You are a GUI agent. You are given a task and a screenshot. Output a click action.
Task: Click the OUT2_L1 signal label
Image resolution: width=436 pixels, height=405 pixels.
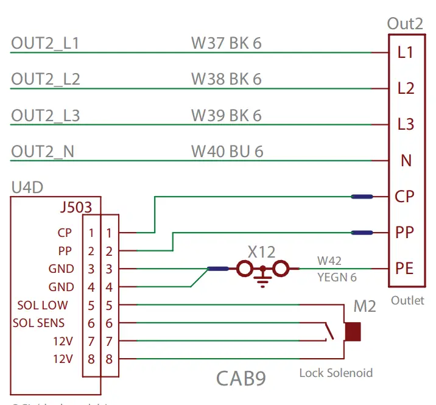(x=45, y=44)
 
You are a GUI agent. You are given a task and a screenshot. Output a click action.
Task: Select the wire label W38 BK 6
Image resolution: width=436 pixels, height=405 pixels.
(x=226, y=80)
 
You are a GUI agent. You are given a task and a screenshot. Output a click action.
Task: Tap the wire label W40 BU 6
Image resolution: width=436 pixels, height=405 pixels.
(x=227, y=152)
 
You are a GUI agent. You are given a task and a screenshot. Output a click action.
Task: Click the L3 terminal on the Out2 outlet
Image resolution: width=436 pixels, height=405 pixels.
(x=406, y=124)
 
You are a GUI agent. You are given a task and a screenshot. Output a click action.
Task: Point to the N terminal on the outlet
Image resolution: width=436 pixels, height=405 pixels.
(x=406, y=161)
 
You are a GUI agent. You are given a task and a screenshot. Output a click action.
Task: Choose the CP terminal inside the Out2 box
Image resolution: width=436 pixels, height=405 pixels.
(x=405, y=197)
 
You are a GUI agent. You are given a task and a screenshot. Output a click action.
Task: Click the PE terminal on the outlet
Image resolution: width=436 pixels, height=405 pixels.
(x=405, y=268)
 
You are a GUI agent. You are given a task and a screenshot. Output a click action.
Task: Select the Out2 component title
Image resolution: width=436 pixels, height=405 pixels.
(x=405, y=24)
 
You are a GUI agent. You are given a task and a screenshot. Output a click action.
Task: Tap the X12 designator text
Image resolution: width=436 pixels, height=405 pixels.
(x=261, y=252)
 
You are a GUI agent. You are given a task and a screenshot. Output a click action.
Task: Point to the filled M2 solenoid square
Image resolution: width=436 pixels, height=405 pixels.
(x=353, y=332)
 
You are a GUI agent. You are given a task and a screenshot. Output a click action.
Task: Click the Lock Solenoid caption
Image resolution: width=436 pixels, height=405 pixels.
(x=336, y=372)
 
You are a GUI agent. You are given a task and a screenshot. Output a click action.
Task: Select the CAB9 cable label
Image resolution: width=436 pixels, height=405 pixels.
(x=241, y=379)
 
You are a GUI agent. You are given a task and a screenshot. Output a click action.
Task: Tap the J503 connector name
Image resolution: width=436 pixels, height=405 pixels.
(x=76, y=208)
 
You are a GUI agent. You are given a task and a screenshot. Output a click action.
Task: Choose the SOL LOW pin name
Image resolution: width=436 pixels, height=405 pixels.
(x=42, y=305)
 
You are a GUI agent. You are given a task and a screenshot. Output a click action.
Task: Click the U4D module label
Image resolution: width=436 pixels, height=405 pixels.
(x=27, y=188)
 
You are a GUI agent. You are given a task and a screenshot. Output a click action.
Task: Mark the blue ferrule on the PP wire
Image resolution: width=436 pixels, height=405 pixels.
(x=363, y=232)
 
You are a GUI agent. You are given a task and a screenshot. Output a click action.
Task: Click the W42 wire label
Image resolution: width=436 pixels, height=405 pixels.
(x=329, y=261)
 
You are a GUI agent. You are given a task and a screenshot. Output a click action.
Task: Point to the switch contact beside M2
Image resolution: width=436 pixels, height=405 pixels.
(x=330, y=332)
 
